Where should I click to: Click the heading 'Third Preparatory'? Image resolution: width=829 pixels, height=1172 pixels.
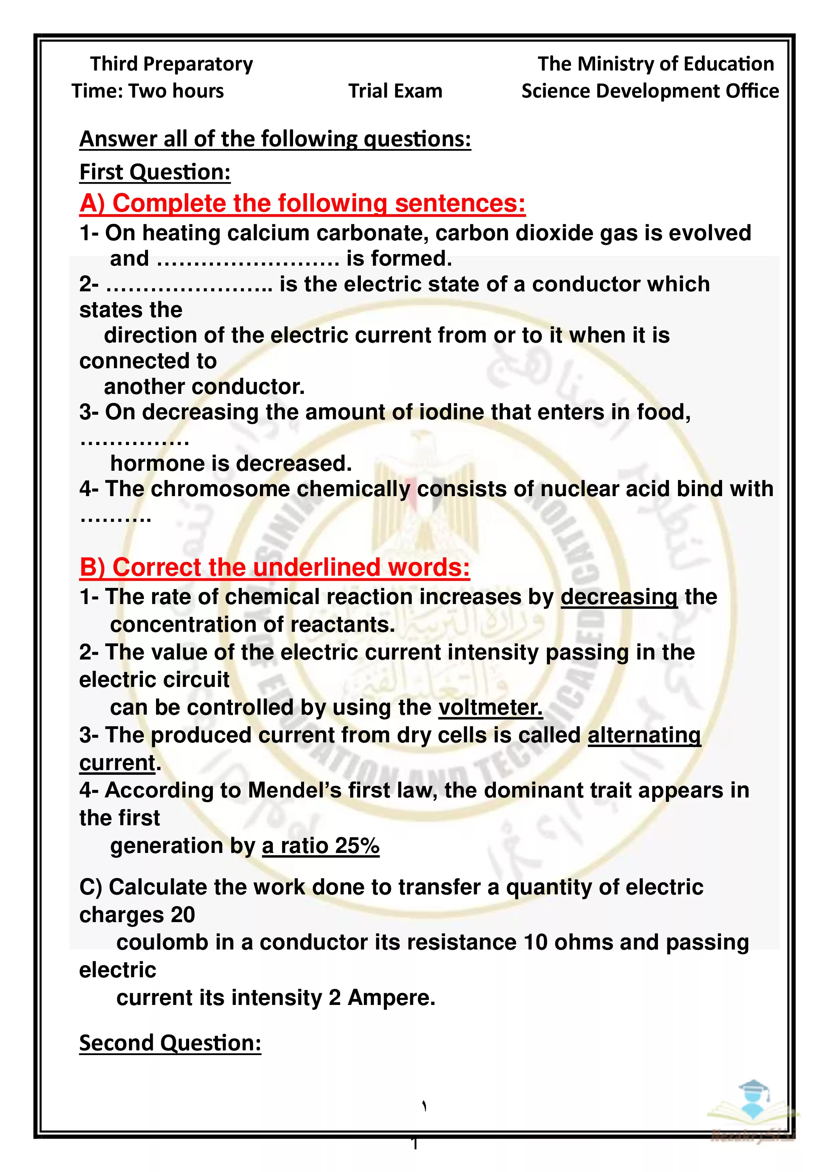[171, 64]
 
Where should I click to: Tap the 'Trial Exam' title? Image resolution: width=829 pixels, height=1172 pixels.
[395, 91]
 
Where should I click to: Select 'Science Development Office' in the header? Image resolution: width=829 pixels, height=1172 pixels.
[650, 91]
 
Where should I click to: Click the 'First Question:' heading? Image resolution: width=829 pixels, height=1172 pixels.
[155, 172]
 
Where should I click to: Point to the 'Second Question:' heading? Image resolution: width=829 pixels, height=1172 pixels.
[170, 1043]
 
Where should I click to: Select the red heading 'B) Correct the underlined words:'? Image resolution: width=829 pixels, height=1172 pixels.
[275, 567]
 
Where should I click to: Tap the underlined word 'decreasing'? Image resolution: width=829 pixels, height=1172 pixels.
[619, 597]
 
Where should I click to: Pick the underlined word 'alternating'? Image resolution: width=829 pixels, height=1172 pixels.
[644, 735]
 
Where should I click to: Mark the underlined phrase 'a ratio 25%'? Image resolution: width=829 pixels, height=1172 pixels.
[320, 846]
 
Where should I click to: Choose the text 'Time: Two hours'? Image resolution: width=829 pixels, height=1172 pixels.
[148, 91]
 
